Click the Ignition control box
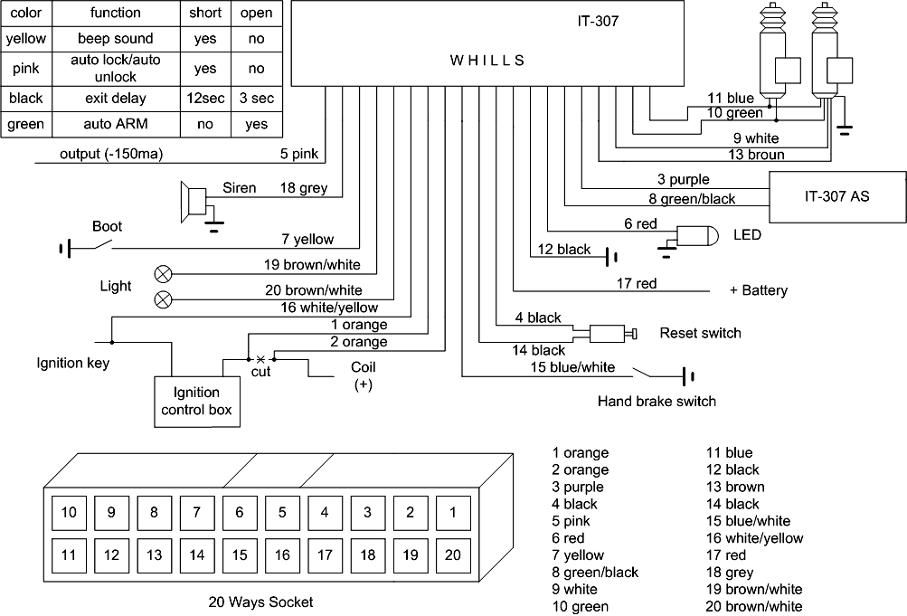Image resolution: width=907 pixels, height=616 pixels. coord(196,402)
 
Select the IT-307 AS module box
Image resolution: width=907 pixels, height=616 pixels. coord(836,194)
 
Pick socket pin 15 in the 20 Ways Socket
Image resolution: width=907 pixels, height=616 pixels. coord(240,554)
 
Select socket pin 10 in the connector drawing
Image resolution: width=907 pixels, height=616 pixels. coord(69,512)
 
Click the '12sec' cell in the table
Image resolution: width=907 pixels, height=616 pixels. coord(204,98)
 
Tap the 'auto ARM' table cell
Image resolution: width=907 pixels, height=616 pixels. coord(116,125)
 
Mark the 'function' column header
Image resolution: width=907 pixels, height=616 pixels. coord(116,13)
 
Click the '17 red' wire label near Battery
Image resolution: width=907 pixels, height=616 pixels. coord(636,284)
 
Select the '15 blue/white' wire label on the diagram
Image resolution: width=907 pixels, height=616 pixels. coord(573,367)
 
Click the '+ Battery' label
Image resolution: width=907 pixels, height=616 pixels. coord(758,290)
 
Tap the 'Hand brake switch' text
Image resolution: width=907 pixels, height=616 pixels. coord(656,402)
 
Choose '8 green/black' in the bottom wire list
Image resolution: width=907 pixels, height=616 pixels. coord(594,573)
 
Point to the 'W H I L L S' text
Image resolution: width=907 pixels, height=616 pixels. coord(487,61)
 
